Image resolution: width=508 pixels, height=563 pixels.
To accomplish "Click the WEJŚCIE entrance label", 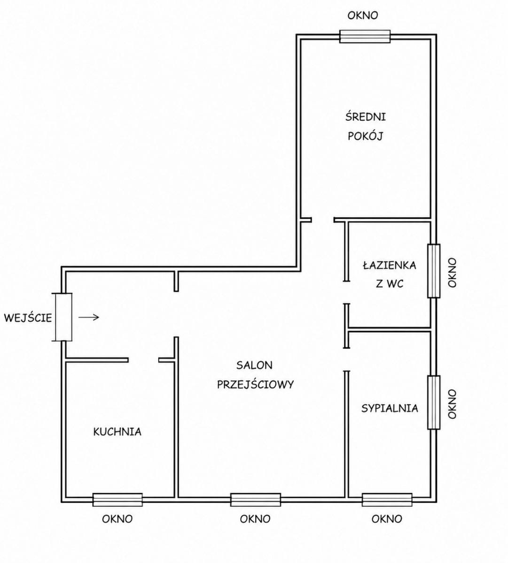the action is click(28, 318).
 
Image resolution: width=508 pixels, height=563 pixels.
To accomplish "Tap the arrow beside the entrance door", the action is click(89, 318).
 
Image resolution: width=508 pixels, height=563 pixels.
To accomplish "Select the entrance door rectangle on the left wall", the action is click(63, 317).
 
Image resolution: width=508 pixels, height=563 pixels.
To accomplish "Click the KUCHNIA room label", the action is click(117, 432).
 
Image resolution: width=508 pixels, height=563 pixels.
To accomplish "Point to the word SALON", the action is click(254, 365).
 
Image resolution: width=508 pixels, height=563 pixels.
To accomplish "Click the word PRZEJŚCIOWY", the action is click(255, 385).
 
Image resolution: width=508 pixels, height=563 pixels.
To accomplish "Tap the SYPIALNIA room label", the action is click(390, 408).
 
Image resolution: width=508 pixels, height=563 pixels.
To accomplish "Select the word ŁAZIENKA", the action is click(390, 265).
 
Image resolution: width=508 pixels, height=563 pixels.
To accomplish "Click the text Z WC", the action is click(390, 284).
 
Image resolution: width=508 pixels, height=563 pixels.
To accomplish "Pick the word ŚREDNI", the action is click(366, 116).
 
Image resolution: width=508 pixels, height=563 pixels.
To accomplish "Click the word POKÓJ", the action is click(366, 136).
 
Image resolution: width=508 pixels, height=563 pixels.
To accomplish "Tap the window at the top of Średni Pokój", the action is click(365, 37).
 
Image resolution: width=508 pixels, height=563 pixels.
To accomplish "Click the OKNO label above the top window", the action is click(363, 15).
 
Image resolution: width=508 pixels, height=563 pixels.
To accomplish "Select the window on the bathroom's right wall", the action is click(434, 271).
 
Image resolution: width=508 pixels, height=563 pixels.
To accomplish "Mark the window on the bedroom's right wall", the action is click(434, 402).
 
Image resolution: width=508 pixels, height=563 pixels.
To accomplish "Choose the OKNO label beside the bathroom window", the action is click(453, 273).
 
